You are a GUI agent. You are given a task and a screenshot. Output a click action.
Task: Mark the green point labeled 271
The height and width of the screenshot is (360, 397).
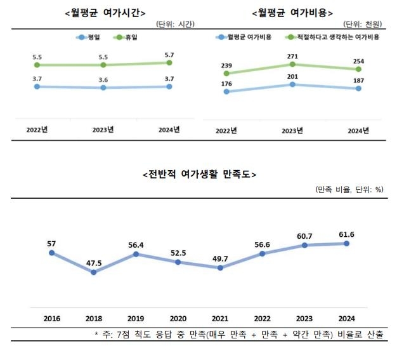pos(292,64)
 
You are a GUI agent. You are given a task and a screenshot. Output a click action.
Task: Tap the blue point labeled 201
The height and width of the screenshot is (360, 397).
pos(292,84)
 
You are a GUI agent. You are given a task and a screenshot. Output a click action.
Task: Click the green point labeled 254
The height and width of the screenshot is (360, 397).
pos(359,69)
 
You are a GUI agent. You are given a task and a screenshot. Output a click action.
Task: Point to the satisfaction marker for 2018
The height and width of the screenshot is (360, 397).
pos(94,272)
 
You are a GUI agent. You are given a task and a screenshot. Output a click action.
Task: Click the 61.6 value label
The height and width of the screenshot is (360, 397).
pos(346,234)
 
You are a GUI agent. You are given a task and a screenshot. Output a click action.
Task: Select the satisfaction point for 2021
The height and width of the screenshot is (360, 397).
pos(220,268)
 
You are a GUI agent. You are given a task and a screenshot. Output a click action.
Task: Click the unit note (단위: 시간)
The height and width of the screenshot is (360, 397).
pos(175,25)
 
